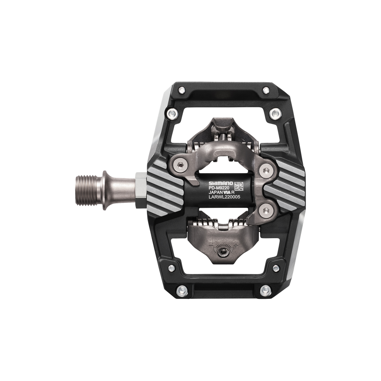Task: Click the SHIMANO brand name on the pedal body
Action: point(220,183)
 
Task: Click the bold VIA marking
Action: point(228,193)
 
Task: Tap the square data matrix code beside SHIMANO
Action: point(239,186)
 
